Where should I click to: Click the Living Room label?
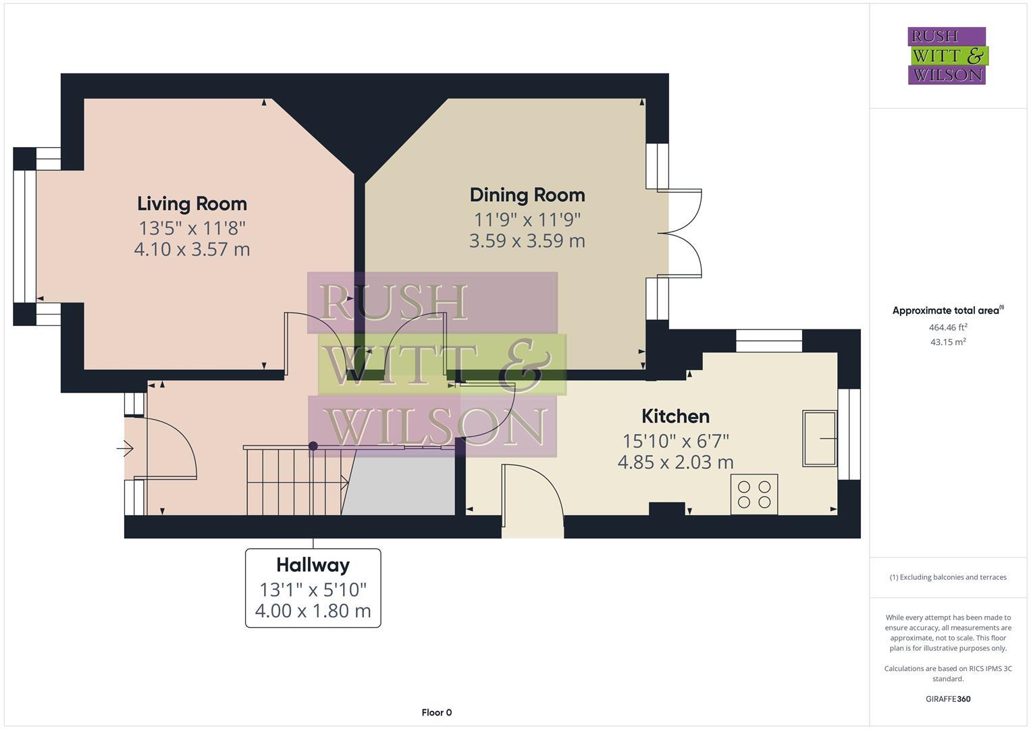192,204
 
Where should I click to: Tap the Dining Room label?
527,195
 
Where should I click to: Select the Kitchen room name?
675,416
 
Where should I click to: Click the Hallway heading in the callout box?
313,565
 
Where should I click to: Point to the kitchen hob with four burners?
754,494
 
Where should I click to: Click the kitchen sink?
819,438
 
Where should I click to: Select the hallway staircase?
294,481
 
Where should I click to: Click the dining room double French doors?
682,233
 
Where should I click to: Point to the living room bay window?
25,236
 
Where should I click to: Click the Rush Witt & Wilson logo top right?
947,56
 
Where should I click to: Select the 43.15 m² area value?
948,342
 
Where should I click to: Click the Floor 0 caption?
436,713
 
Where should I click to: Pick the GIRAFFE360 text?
948,699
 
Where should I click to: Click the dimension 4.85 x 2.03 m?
675,462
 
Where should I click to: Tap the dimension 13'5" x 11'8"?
192,227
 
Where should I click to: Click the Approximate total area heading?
947,311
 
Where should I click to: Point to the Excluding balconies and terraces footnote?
948,577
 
